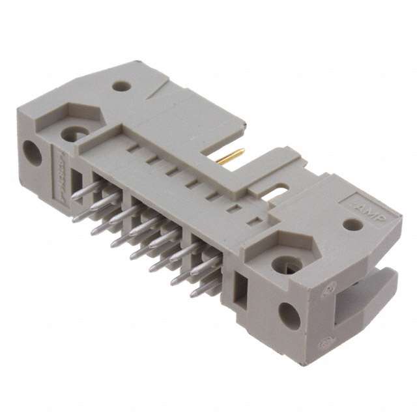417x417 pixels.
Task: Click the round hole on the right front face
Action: coord(287,315)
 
